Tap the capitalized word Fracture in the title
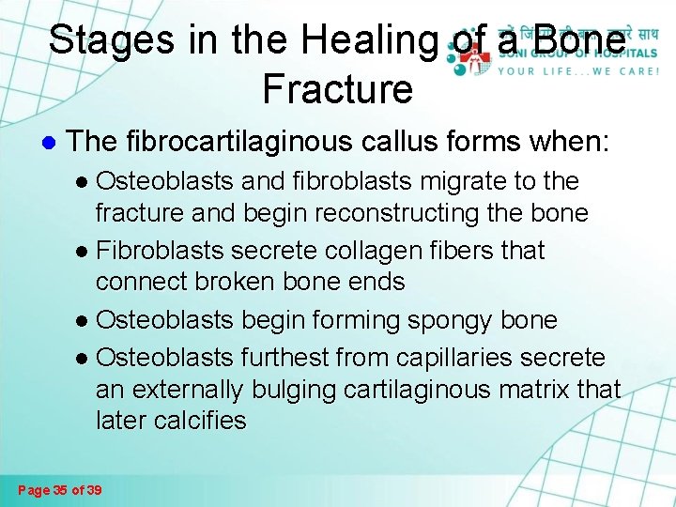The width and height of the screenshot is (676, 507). (x=337, y=89)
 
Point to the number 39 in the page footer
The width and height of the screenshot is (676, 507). (x=93, y=489)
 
